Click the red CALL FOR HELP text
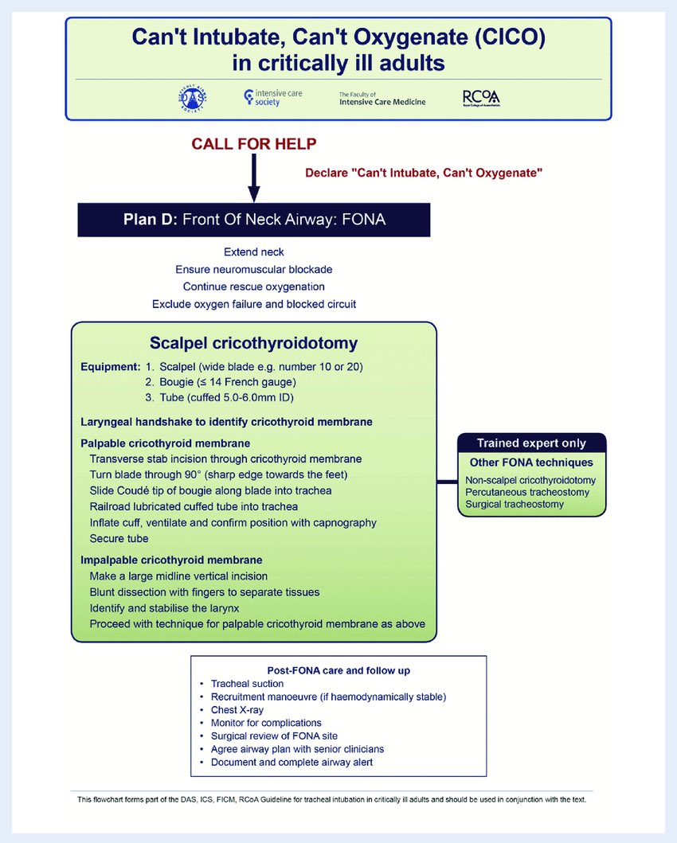click(254, 144)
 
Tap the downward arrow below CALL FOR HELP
click(254, 179)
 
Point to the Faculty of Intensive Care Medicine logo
click(382, 98)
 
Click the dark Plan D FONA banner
click(254, 220)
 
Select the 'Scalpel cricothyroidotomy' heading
click(254, 344)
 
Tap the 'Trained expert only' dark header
click(531, 443)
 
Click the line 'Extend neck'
click(254, 252)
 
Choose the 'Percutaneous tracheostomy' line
click(527, 492)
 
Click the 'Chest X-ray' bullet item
click(237, 709)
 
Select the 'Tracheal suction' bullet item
click(247, 684)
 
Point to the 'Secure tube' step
click(119, 539)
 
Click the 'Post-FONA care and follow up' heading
click(338, 670)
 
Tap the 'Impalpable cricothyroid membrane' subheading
click(172, 560)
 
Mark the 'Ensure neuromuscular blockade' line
click(254, 269)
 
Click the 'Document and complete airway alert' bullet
click(292, 762)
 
